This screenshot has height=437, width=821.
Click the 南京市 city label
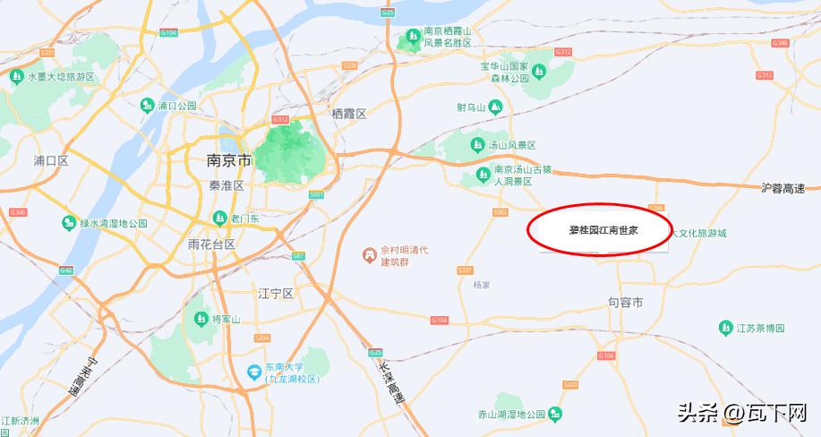tap(230, 160)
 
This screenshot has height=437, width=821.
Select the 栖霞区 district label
tap(349, 114)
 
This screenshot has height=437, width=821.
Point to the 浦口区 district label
tap(51, 160)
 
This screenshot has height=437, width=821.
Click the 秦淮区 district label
tap(227, 185)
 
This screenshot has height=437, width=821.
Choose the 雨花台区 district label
tap(212, 244)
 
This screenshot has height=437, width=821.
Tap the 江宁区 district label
tap(276, 293)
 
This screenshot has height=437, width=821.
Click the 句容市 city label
tap(625, 303)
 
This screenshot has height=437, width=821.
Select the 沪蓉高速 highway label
tap(783, 188)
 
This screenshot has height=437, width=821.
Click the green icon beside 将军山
tap(199, 319)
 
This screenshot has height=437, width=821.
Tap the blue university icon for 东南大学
tap(255, 372)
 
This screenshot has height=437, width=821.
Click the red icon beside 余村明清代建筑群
tap(367, 255)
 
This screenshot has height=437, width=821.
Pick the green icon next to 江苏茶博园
tap(726, 329)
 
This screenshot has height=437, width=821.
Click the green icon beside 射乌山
tap(494, 107)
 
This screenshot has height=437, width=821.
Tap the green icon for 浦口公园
tap(147, 106)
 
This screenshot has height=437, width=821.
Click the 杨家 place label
tap(481, 285)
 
